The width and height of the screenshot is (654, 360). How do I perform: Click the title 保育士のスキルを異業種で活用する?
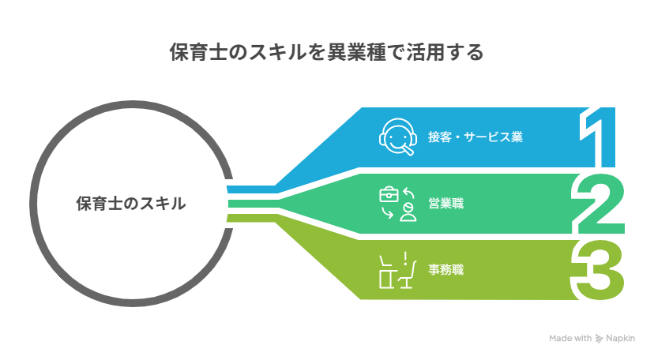click(x=326, y=52)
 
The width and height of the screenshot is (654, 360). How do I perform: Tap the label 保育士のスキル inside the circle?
click(x=131, y=204)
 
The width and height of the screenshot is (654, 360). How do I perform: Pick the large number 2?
click(x=599, y=203)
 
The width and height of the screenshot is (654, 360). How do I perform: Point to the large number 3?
click(x=599, y=270)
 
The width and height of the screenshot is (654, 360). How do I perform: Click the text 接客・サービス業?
click(x=475, y=137)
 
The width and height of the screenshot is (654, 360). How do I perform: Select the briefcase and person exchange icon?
click(x=397, y=204)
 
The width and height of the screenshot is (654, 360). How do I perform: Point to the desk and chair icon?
click(x=397, y=270)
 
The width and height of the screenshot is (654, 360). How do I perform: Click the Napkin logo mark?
click(x=599, y=339)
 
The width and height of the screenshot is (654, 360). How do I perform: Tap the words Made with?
click(x=570, y=339)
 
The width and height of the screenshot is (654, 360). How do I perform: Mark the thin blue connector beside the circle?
click(x=249, y=189)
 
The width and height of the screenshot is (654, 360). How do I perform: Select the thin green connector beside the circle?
click(x=249, y=204)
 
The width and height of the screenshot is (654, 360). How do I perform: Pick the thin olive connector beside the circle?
click(x=249, y=218)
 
